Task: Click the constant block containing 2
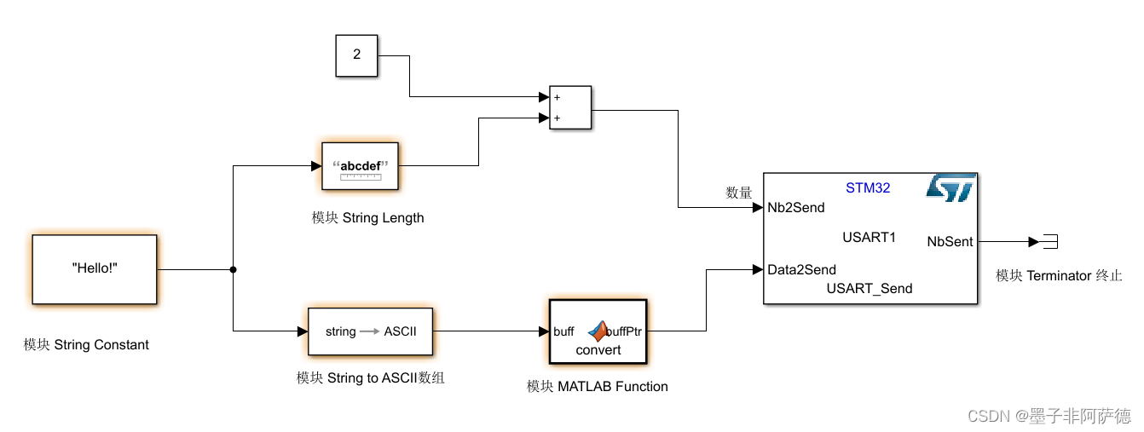pyautogui.click(x=356, y=55)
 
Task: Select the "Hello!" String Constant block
pyautogui.click(x=95, y=269)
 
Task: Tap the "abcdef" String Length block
pyautogui.click(x=360, y=165)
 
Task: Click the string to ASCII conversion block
pyautogui.click(x=369, y=331)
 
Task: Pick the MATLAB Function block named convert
pyautogui.click(x=598, y=331)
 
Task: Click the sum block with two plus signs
pyautogui.click(x=570, y=108)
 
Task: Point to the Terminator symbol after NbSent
pyautogui.click(x=1049, y=242)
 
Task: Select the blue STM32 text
pyautogui.click(x=868, y=187)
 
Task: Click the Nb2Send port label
pyautogui.click(x=796, y=208)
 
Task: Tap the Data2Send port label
pyautogui.click(x=801, y=270)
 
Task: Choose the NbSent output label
pyautogui.click(x=950, y=242)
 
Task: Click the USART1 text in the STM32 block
pyautogui.click(x=869, y=238)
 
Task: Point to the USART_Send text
pyautogui.click(x=869, y=289)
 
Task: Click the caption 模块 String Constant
pyautogui.click(x=86, y=345)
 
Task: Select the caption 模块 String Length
pyautogui.click(x=367, y=218)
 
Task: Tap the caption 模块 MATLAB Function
pyautogui.click(x=597, y=387)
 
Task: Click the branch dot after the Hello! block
pyautogui.click(x=233, y=269)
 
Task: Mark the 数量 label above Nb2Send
pyautogui.click(x=739, y=193)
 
